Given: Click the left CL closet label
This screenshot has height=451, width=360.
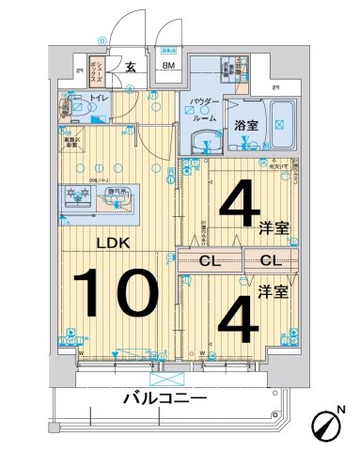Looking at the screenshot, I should click(x=210, y=261).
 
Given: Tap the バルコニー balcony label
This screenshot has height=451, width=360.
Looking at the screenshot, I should click(x=164, y=399).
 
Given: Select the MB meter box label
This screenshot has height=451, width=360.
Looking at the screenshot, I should click(x=169, y=66).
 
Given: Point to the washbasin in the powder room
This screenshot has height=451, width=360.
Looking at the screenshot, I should click(x=201, y=142).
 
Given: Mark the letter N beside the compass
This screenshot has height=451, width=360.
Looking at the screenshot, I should click(x=340, y=409).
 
